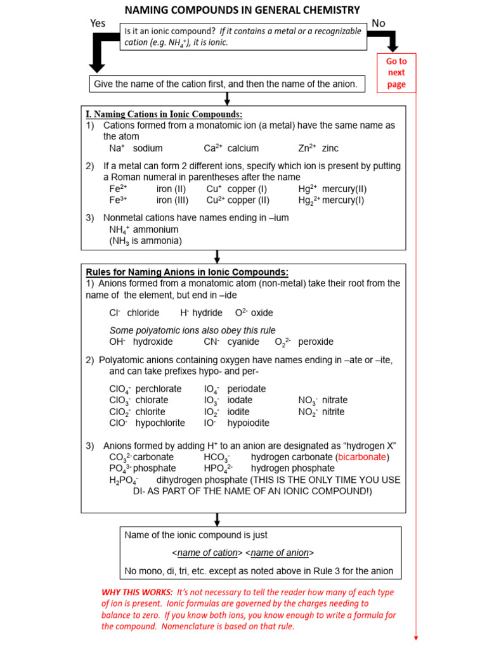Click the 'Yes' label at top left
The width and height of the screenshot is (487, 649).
click(98, 23)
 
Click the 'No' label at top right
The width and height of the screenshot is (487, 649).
click(379, 23)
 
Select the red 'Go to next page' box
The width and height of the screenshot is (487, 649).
click(396, 73)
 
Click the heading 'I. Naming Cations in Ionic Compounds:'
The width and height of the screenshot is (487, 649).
click(164, 114)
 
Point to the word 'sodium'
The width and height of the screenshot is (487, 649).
click(148, 148)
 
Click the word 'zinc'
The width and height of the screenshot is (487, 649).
click(330, 148)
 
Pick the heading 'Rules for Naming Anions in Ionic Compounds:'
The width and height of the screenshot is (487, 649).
click(187, 273)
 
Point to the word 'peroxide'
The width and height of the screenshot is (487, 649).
click(316, 342)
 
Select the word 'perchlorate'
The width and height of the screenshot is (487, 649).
click(159, 389)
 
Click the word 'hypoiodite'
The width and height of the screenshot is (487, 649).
click(249, 423)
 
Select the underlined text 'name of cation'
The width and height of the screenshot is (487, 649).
click(207, 553)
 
